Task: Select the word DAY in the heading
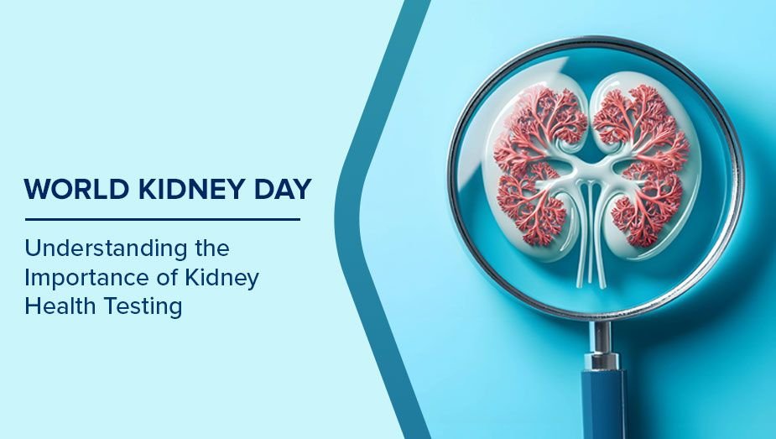[x=279, y=190]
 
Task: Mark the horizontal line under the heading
[x=162, y=220]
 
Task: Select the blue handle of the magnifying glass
[x=603, y=403]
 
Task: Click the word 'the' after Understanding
[x=209, y=248]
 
